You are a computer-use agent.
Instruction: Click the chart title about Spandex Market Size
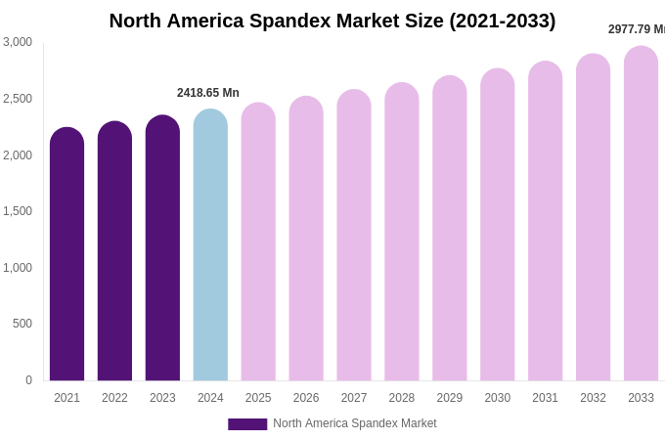coord(332,21)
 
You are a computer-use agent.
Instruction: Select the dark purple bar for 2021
coord(66,254)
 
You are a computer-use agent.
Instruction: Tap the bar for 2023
coord(162,248)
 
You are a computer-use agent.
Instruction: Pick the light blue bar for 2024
coord(210,244)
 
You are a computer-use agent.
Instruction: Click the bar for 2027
coord(354,235)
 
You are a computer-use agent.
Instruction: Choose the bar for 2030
coord(497,225)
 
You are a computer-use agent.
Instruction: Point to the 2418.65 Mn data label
coord(208,93)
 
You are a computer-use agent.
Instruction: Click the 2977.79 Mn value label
coord(637,29)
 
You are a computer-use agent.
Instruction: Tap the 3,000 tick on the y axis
coord(18,42)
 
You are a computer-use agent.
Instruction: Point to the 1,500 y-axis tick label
coord(18,211)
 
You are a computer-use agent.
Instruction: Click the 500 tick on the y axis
coord(22,324)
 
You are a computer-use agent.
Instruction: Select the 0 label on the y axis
coord(28,380)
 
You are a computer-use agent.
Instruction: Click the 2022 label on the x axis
coord(114,398)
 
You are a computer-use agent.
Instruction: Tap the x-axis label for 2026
coord(306,398)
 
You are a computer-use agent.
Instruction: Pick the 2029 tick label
coord(450,398)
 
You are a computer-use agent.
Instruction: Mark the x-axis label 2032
coord(593,398)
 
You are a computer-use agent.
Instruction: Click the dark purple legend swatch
coord(247,424)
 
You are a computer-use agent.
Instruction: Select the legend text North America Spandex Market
coord(355,423)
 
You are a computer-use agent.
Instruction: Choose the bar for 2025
coord(258,242)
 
